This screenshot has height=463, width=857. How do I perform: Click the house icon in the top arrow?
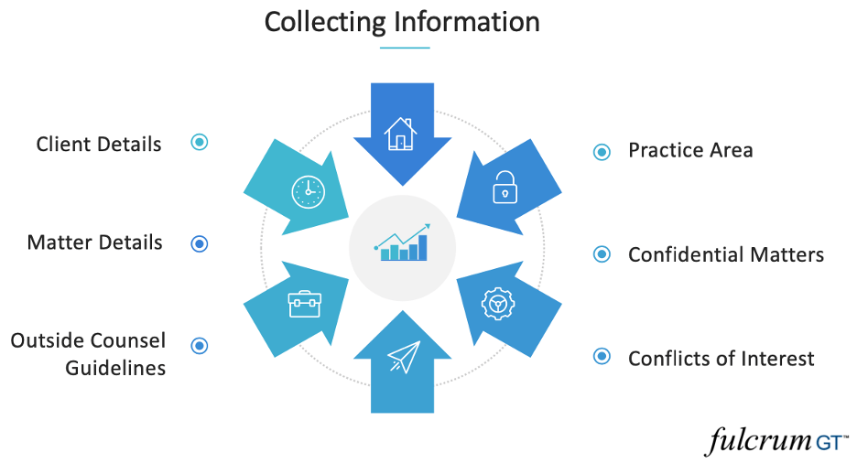[x=401, y=134]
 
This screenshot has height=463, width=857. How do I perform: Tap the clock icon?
[x=309, y=191]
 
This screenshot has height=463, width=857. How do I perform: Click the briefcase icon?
[x=304, y=304]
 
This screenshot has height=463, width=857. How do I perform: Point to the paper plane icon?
[x=403, y=357]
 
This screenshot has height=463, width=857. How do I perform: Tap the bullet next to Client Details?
[x=200, y=142]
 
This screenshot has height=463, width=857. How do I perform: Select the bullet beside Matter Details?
[x=200, y=243]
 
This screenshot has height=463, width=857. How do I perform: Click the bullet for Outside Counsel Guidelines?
[x=200, y=345]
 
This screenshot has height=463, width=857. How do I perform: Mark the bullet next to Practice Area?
[x=602, y=152]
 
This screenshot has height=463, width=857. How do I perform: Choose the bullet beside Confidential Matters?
[x=602, y=254]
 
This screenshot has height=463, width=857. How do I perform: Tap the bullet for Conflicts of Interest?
[x=602, y=356]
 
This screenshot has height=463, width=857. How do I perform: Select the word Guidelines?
[x=115, y=368]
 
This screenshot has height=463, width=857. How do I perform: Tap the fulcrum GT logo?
[x=776, y=441]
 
